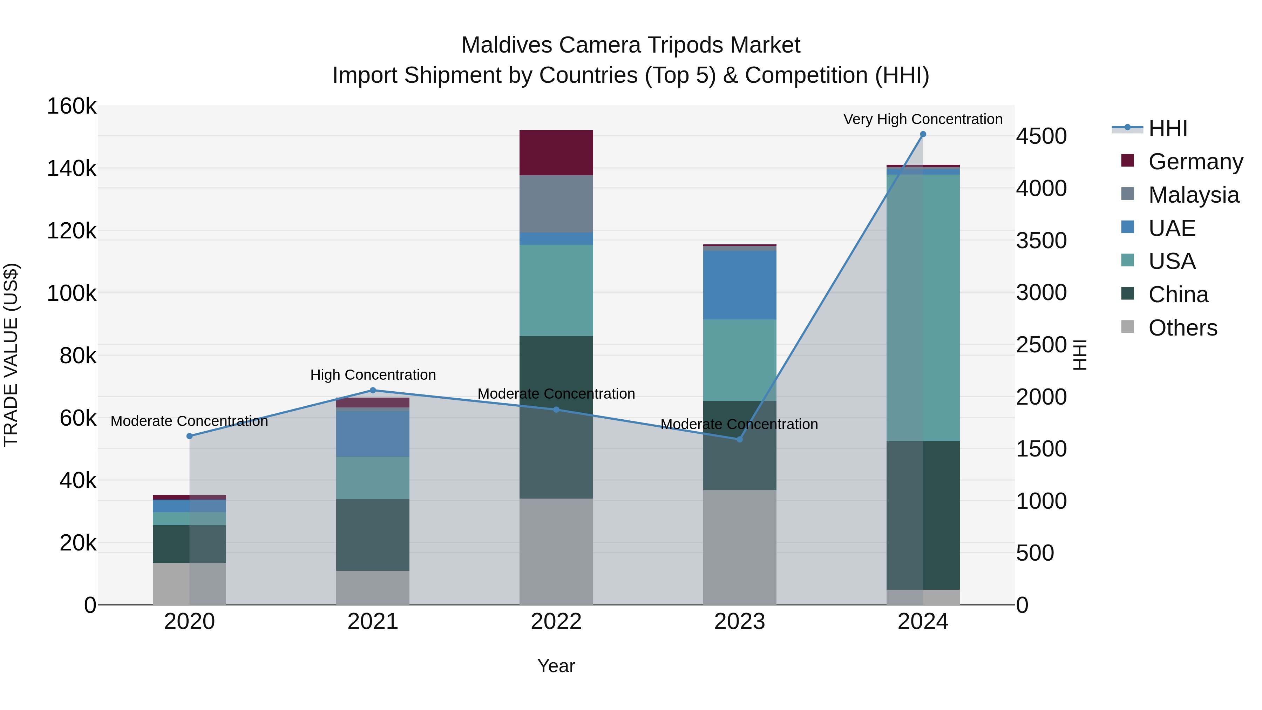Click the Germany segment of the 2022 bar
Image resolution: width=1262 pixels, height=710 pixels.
click(x=556, y=153)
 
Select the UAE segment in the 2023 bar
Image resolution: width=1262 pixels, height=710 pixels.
click(x=739, y=285)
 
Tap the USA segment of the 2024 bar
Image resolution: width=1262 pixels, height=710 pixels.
click(x=923, y=308)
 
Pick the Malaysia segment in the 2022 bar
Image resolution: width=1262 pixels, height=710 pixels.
click(x=556, y=204)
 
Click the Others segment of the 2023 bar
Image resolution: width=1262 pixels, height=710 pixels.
click(x=739, y=547)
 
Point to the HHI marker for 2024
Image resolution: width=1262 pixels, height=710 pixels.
click(x=923, y=134)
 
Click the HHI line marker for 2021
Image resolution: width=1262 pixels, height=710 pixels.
click(x=373, y=391)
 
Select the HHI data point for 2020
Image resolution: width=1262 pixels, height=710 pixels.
click(x=190, y=436)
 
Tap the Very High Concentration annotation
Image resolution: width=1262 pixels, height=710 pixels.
click(x=923, y=119)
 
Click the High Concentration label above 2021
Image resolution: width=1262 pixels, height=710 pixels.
click(x=373, y=375)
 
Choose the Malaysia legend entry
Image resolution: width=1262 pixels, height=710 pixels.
click(x=1193, y=195)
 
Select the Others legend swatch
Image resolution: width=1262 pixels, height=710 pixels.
click(x=1127, y=327)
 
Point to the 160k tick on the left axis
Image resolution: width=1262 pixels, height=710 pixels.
click(x=72, y=106)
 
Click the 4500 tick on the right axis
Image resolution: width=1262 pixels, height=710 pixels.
click(x=1041, y=136)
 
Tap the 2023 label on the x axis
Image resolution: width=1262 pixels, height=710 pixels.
click(x=739, y=622)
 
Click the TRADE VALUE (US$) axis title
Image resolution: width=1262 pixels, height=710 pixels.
click(x=11, y=355)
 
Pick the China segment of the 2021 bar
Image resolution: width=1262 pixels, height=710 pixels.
click(x=373, y=535)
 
